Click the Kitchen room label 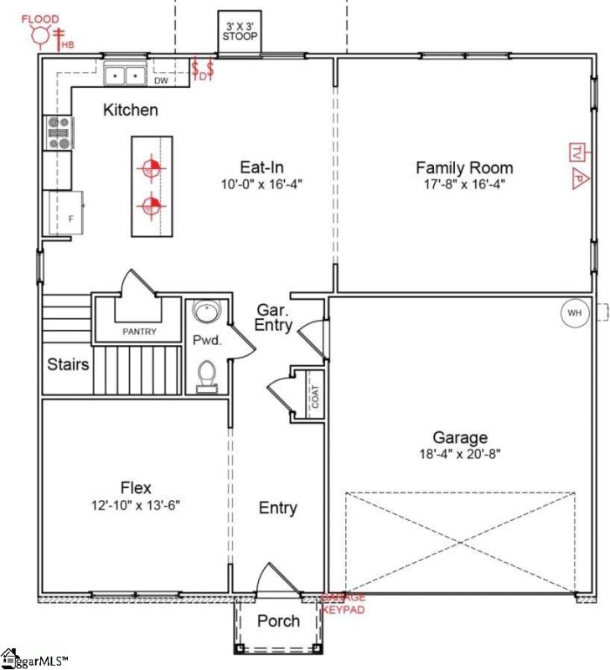(x=130, y=110)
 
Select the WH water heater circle (x=574, y=312)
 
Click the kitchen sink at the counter (x=126, y=76)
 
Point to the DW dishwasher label (x=161, y=80)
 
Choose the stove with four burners (x=59, y=132)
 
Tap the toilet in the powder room (x=205, y=375)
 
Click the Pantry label (x=139, y=332)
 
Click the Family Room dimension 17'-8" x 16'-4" (x=464, y=183)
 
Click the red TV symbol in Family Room (x=577, y=152)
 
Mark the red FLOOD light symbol (x=39, y=33)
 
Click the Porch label (x=278, y=621)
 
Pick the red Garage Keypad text (x=344, y=603)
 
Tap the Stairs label (x=68, y=364)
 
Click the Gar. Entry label (x=274, y=317)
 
